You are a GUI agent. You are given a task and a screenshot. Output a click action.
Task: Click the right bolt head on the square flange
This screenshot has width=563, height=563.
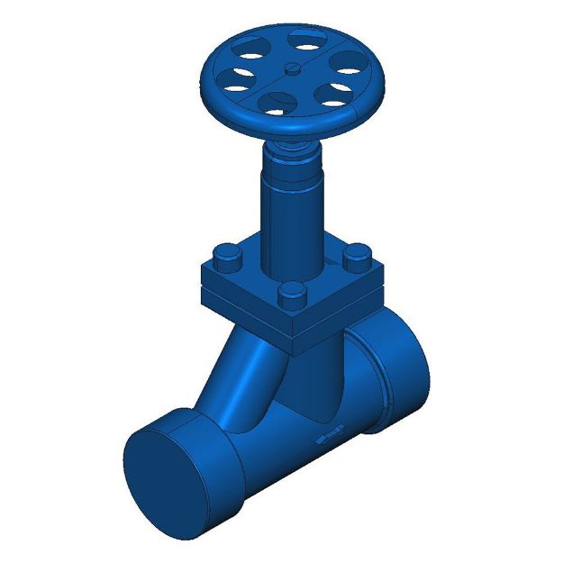click(358, 256)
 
